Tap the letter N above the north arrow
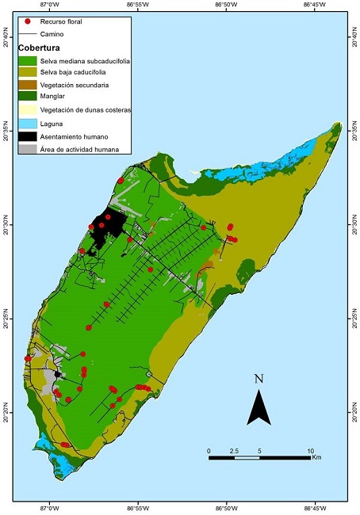point(259,379)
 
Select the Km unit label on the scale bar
point(316,458)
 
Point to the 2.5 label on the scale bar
point(234,450)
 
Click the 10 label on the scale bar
point(310,450)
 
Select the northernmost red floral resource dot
point(121,181)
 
